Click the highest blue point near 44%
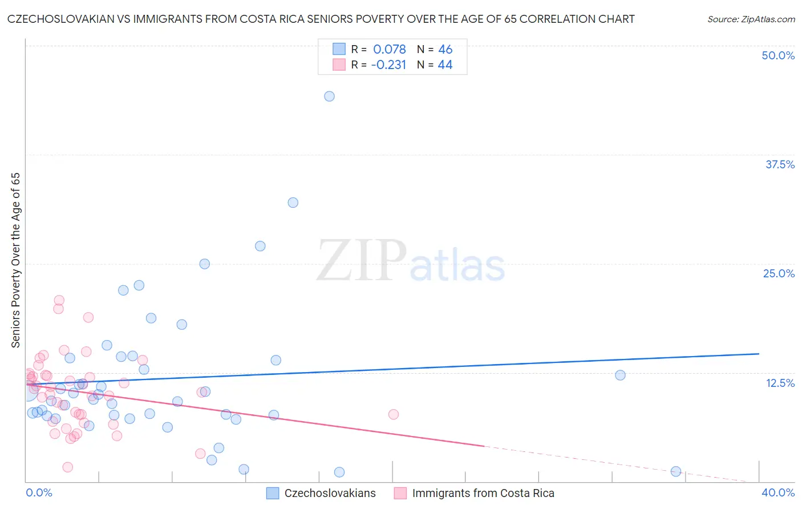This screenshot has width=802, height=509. pyautogui.click(x=329, y=96)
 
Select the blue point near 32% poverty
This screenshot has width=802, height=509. pyautogui.click(x=293, y=203)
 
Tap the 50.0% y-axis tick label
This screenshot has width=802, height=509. pyautogui.click(x=778, y=55)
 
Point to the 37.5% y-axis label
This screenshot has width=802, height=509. pyautogui.click(x=780, y=164)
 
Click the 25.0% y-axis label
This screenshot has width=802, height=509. pyautogui.click(x=779, y=273)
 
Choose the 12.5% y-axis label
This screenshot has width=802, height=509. pyautogui.click(x=780, y=383)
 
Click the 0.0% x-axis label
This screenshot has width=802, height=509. pyautogui.click(x=39, y=492)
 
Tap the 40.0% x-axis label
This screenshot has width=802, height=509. pyautogui.click(x=777, y=492)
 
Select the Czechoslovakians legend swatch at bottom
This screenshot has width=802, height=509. pyautogui.click(x=273, y=493)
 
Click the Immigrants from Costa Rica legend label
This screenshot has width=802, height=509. pyautogui.click(x=483, y=493)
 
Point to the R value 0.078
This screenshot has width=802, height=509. pyautogui.click(x=389, y=49)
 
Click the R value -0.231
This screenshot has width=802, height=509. pyautogui.click(x=388, y=65)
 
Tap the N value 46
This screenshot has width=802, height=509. pyautogui.click(x=445, y=49)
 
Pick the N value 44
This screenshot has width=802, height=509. pyautogui.click(x=445, y=65)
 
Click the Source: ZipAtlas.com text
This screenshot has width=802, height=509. pyautogui.click(x=751, y=19)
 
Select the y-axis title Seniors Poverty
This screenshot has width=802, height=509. pyautogui.click(x=15, y=260)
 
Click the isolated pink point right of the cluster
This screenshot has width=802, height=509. pyautogui.click(x=394, y=414)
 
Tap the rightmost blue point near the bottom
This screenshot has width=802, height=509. pyautogui.click(x=676, y=471)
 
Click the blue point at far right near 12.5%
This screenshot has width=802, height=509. pyautogui.click(x=620, y=375)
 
